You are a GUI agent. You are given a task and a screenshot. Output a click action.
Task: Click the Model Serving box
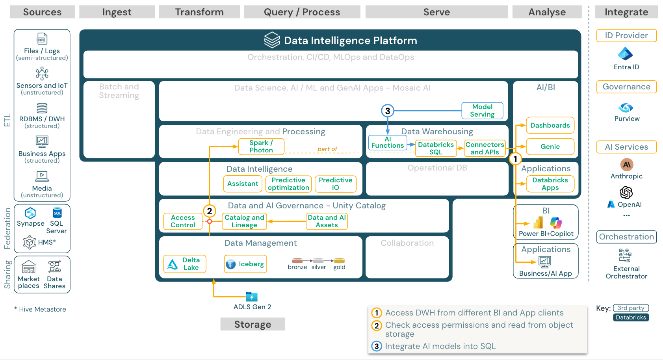coord(482,111)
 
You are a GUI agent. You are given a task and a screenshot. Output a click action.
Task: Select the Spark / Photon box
coord(261,147)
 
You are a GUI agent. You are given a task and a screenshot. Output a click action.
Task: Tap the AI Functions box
coord(387,143)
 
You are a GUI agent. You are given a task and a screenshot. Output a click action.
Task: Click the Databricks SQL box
coord(436,148)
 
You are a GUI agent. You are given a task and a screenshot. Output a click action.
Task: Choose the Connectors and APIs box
coord(485,148)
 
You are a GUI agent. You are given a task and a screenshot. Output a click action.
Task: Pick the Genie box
coord(550,147)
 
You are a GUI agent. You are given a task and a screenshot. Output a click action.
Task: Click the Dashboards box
coord(550,125)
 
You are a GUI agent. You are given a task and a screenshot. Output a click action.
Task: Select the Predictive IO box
coord(335,184)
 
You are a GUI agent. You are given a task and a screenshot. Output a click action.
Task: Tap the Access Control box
coord(183,221)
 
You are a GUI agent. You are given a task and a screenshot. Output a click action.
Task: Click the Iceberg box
coord(245,264)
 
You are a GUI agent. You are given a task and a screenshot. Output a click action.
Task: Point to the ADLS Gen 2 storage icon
coord(251,297)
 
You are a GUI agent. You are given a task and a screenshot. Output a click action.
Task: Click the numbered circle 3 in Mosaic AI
coord(388,111)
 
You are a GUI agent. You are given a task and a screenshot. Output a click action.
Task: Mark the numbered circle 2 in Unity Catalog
coord(210,211)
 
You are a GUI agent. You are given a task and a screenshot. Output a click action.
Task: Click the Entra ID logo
coord(626,54)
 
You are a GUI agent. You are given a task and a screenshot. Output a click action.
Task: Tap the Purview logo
coord(626,108)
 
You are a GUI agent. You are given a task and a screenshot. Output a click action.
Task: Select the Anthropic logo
coord(626,165)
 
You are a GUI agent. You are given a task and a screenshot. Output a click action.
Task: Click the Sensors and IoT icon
coord(42,73)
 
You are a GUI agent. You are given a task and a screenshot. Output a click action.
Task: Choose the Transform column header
coord(199,12)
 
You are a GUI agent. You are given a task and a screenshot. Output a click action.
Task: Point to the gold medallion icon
coord(339,261)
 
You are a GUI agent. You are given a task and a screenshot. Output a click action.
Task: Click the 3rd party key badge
coord(631,308)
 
